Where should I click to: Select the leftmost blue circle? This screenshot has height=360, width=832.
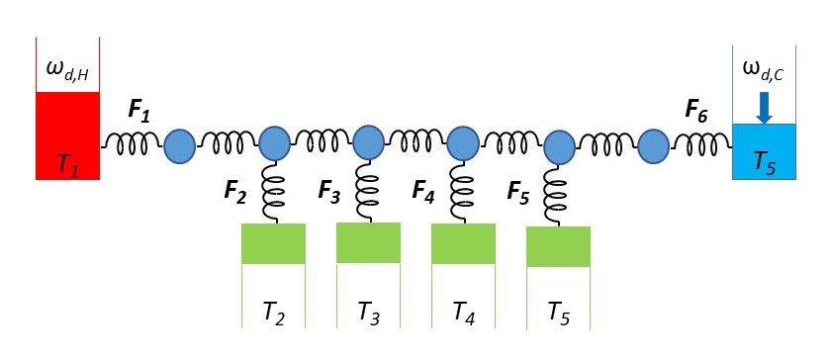point(180,147)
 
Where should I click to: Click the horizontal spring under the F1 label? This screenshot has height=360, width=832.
point(132,146)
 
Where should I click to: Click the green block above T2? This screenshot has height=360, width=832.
point(273,243)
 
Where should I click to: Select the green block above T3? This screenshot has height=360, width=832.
point(368,242)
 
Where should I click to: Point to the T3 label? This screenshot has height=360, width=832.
point(369,315)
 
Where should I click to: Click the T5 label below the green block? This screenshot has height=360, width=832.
point(559,315)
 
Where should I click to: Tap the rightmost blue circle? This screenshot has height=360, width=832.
point(653,147)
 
